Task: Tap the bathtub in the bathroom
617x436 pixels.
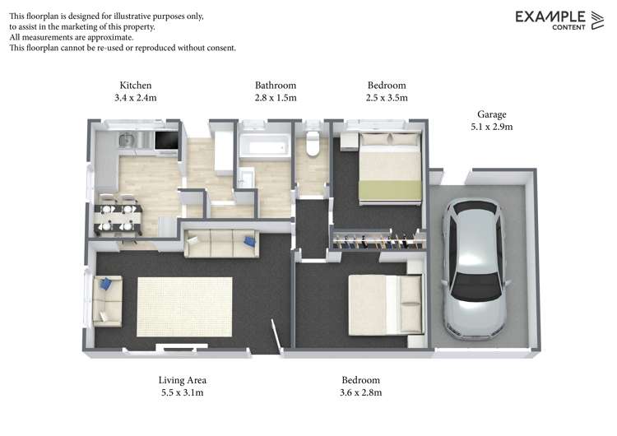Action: pyautogui.click(x=264, y=149)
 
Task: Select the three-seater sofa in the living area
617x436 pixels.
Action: pyautogui.click(x=220, y=243)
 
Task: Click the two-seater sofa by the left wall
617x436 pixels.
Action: pyautogui.click(x=107, y=301)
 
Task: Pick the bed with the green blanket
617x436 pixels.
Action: pyautogui.click(x=390, y=169)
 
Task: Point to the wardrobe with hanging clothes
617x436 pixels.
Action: pyautogui.click(x=378, y=242)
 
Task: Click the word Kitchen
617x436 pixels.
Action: pyautogui.click(x=136, y=85)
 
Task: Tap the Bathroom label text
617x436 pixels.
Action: pyautogui.click(x=276, y=85)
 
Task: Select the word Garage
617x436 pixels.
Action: pyautogui.click(x=491, y=114)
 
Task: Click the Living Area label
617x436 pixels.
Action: pyautogui.click(x=182, y=380)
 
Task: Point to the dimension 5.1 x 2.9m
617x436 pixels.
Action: pyautogui.click(x=491, y=127)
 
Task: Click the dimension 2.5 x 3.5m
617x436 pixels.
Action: pyautogui.click(x=387, y=97)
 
